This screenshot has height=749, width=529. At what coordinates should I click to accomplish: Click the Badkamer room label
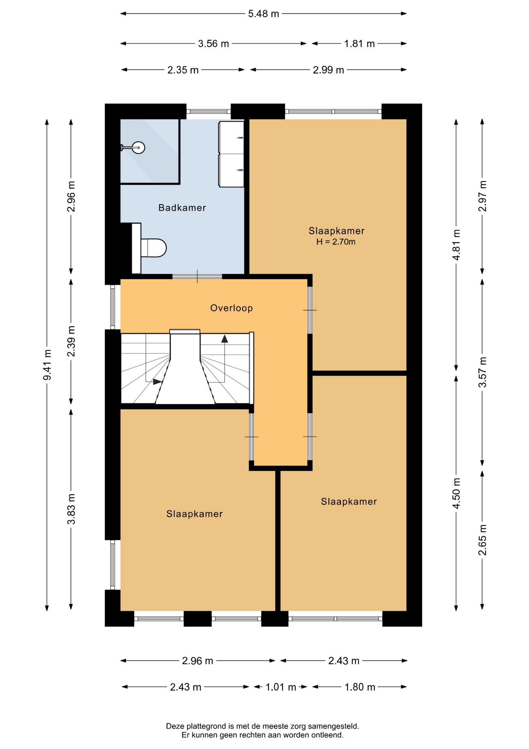(182, 208)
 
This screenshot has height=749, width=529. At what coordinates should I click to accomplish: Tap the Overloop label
(231, 308)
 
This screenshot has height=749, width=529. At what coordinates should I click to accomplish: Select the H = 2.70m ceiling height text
(336, 242)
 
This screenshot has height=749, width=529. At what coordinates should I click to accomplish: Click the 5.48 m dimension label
(263, 14)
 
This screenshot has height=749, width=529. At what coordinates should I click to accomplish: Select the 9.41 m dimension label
(47, 365)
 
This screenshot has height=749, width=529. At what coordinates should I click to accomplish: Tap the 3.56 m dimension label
(213, 44)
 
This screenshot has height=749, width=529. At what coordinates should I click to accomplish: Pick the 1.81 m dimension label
(359, 44)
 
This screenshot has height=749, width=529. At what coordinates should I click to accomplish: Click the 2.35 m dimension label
(183, 70)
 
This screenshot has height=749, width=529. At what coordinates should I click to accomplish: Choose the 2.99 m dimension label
(328, 70)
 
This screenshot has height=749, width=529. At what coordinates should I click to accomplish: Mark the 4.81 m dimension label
(456, 245)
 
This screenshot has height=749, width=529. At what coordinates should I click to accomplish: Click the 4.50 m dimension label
(456, 493)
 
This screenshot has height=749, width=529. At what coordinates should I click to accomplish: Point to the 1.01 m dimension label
(280, 687)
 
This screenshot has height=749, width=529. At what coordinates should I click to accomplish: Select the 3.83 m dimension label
(71, 509)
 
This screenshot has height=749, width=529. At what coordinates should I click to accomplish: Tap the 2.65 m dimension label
(482, 540)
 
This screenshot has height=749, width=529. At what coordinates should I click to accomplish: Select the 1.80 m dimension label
(360, 687)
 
